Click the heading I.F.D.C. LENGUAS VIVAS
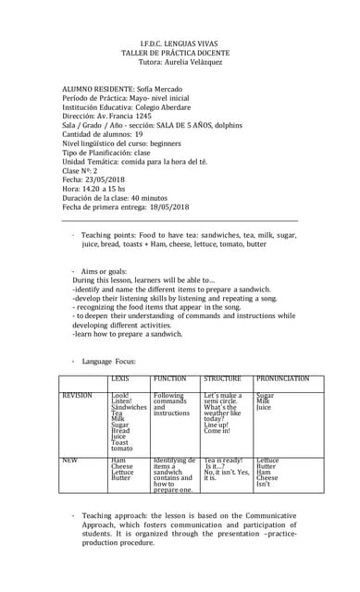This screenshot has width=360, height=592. point(180,43)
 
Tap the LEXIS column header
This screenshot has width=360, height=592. point(120,379)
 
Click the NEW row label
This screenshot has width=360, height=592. point(68,459)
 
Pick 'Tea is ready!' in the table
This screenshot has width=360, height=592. point(223,459)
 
